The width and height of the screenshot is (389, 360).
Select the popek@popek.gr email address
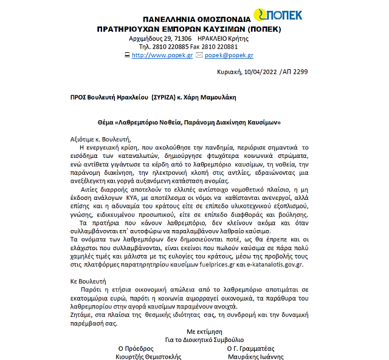[x=229, y=55]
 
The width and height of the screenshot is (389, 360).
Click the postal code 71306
[x=181, y=38]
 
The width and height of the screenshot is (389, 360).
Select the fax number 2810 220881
[x=221, y=47]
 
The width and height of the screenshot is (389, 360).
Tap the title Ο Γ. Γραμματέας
[x=255, y=348]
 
